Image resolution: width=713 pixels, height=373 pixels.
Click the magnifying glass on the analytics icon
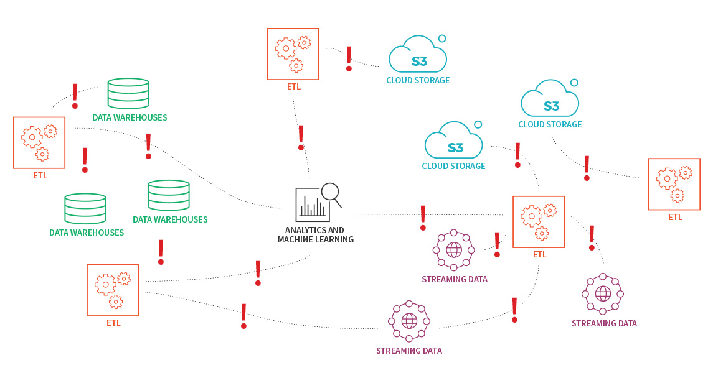pos(330,191)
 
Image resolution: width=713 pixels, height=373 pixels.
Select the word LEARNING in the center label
pos(333,239)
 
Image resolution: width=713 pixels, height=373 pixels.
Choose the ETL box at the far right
pos(674,184)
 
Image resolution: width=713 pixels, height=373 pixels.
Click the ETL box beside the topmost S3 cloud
pos(293,54)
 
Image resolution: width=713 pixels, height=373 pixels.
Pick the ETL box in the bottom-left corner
pos(113,290)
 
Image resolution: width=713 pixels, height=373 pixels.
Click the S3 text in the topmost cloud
pos(419,62)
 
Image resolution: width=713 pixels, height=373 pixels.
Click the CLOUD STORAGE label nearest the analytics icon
pos(453,166)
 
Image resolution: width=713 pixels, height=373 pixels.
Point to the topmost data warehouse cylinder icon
pos(128,94)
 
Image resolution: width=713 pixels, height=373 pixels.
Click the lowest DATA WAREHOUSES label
pos(87,233)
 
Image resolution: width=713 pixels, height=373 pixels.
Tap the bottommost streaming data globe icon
pos(409,321)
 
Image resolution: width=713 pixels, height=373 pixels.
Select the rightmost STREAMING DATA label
pos(604,323)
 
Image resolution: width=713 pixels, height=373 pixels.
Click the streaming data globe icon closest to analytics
pos(454,250)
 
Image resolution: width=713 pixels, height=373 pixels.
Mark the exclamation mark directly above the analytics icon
pos(301,137)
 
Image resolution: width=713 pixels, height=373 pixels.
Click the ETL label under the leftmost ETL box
pos(40,175)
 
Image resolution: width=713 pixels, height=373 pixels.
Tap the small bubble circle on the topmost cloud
pos(442,39)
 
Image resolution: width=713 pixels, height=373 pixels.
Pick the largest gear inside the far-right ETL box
pos(667,178)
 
